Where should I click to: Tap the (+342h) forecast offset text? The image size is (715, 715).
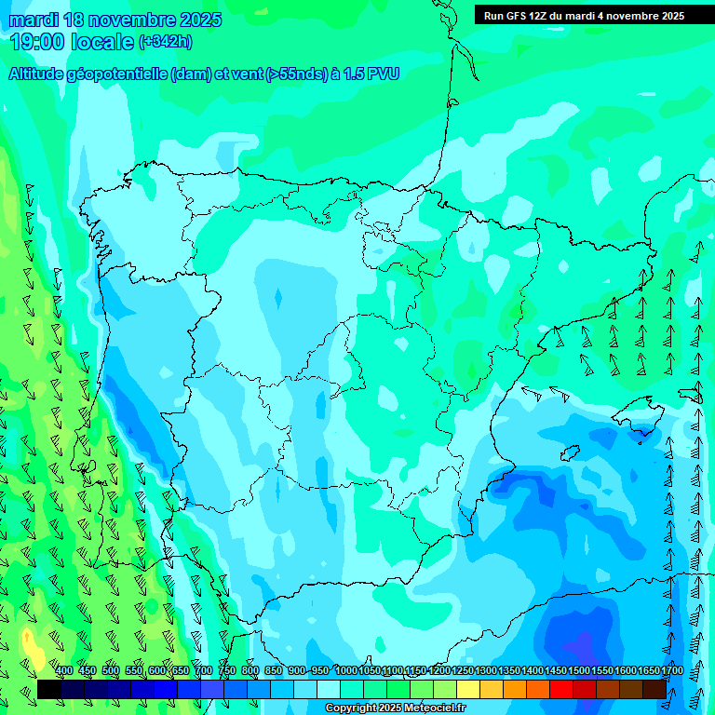pos(166,42)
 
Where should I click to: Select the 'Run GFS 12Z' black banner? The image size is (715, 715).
pos(584,16)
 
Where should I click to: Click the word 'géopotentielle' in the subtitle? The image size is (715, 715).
pos(121,74)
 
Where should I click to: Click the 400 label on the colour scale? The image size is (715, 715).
pos(64,671)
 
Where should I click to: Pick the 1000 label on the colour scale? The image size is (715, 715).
pos(346,671)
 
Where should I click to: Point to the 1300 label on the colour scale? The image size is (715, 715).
pos(486,671)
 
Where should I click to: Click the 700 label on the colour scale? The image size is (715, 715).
pos(204,671)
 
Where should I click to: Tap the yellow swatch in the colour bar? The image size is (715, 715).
pos(468,689)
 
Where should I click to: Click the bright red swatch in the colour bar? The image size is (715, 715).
pos(561,689)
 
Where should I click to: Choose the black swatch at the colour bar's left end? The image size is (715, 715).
pos(48,689)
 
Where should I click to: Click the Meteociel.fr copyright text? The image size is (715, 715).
pos(395,708)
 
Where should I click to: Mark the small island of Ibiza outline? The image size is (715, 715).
pos(571,453)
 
